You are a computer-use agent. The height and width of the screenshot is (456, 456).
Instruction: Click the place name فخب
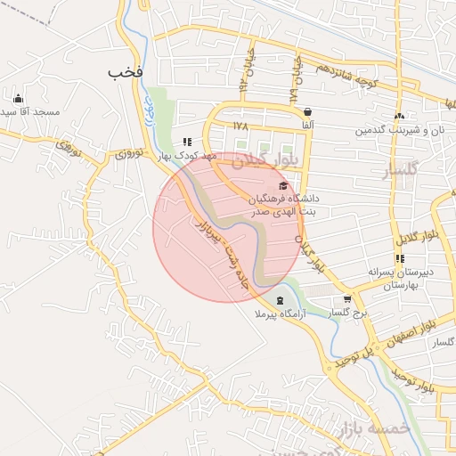click(126, 70)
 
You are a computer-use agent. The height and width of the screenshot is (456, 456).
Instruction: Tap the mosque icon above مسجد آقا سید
click(18, 98)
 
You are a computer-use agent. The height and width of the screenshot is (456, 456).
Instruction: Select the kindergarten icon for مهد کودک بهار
click(187, 142)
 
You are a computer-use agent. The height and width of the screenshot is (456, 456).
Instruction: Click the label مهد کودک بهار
click(188, 156)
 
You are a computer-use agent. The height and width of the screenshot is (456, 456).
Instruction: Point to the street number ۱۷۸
click(240, 126)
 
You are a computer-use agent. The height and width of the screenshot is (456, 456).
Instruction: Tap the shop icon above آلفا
click(308, 112)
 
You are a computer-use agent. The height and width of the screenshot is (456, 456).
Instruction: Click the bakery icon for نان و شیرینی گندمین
click(399, 116)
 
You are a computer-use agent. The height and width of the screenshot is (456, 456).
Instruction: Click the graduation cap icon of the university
click(283, 186)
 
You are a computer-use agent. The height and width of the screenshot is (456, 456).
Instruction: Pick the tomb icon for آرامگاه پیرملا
click(281, 300)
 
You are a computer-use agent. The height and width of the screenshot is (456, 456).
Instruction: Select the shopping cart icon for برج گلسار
click(348, 300)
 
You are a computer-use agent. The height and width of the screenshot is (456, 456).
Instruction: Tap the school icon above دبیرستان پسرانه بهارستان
click(400, 258)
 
